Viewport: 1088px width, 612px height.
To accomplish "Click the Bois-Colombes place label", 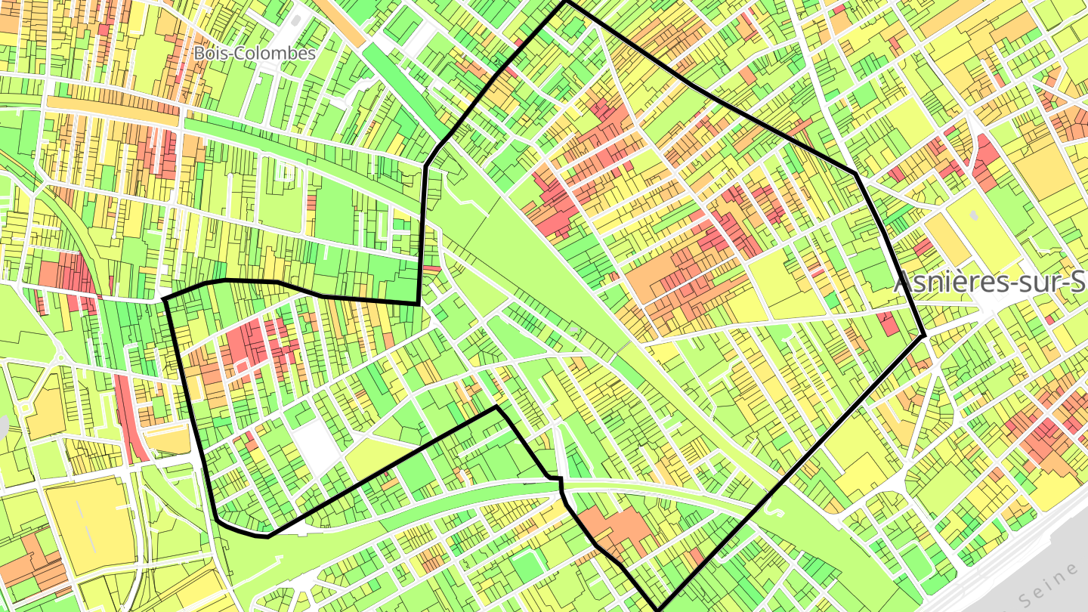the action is point(254,54).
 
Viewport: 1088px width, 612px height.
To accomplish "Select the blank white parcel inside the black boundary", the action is point(318,447).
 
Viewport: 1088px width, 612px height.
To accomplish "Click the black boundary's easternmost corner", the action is point(924,335).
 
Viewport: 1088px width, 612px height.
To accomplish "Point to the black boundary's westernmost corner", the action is point(165,299).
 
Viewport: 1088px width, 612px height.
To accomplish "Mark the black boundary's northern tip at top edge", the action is point(566,2).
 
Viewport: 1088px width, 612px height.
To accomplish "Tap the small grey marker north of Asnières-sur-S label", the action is point(975,216).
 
